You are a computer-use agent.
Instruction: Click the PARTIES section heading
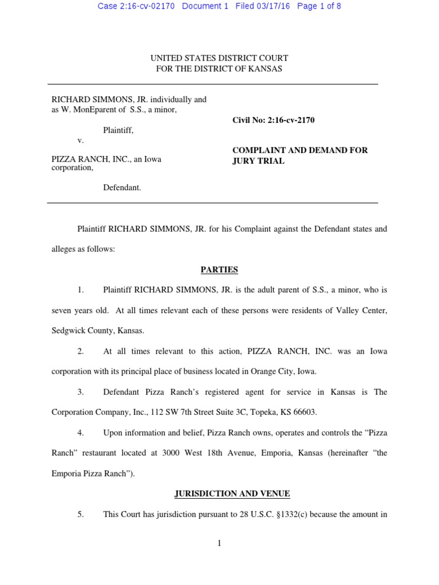tap(219, 270)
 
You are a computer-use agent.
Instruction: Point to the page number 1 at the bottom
tap(219, 543)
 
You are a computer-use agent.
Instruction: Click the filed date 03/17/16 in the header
tap(270, 6)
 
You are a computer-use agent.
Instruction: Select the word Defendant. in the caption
tap(122, 187)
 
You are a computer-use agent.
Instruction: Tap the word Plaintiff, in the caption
tap(118, 130)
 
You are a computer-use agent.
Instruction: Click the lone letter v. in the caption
tap(81, 140)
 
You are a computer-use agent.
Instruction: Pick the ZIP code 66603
tap(304, 412)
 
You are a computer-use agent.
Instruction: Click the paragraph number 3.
tap(81, 392)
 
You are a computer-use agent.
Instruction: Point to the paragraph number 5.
tap(81, 514)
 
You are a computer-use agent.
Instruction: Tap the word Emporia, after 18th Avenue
tap(280, 453)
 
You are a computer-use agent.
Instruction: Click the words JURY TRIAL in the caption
tap(258, 161)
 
